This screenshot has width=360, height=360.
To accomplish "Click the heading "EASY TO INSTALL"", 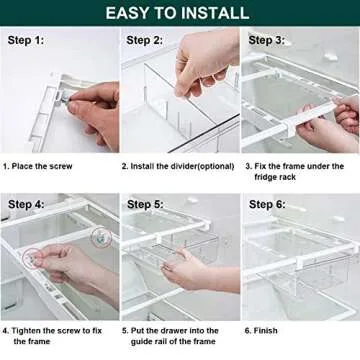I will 179,13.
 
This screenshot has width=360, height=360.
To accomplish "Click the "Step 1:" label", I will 25,41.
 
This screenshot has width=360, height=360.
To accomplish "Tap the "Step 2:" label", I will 144,41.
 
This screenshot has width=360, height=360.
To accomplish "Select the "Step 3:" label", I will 266,41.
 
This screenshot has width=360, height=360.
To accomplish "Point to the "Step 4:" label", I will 25,204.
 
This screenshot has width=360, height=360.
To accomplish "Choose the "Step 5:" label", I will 144,204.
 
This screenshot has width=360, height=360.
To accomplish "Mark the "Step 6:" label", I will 266,204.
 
